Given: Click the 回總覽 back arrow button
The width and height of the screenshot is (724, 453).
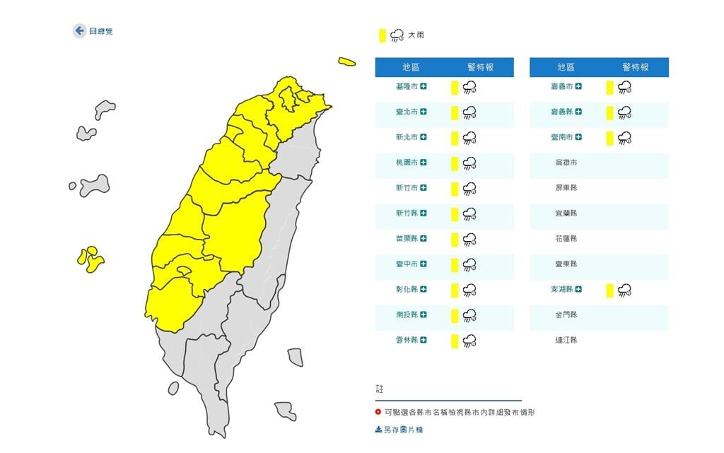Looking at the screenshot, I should point(79,31).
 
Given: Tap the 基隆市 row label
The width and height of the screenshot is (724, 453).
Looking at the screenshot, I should point(407,86).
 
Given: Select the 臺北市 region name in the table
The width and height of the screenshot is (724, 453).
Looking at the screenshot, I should point(407,112).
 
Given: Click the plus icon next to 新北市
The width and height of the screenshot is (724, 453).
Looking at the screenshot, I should point(424,137).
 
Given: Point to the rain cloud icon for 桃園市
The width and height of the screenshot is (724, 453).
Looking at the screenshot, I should point(469,163).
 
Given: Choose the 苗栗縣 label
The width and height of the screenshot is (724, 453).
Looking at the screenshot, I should point(407,239).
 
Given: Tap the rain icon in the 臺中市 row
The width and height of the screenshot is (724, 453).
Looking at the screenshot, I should point(469,264).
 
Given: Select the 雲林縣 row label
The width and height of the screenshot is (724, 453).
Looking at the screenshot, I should point(407,340).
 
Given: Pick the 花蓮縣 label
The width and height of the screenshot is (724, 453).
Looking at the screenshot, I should point(566,239).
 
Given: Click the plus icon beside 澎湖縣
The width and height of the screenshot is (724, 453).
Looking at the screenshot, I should point(578,289).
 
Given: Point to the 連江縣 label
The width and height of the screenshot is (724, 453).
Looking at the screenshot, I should point(566,340).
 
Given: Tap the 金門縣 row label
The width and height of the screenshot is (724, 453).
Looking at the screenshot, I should point(566,314).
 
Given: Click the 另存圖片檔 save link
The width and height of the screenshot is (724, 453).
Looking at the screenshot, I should point(399,429).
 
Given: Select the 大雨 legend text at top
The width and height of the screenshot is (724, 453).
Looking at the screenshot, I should point(416,35).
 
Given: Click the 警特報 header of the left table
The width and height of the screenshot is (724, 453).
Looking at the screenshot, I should point(480,67).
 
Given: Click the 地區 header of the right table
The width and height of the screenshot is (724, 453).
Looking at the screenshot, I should point(565,67).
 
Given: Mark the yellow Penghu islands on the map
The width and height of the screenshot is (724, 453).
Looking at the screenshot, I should point(90,259).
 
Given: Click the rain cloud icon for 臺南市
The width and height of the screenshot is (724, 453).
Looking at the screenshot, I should point(624,137).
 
